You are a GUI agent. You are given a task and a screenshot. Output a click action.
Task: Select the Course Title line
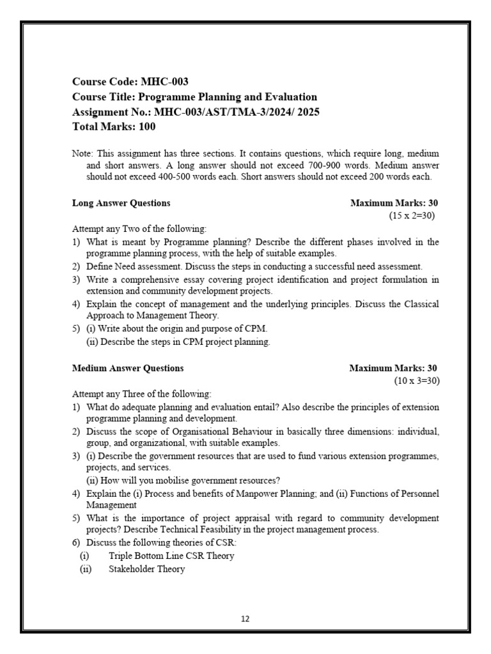pyautogui.click(x=194, y=96)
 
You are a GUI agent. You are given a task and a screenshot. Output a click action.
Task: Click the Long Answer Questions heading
pyautogui.click(x=121, y=203)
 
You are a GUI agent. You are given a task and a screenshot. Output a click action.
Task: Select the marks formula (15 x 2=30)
pyautogui.click(x=411, y=216)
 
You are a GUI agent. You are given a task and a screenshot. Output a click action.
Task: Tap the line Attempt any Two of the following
pyautogui.click(x=139, y=229)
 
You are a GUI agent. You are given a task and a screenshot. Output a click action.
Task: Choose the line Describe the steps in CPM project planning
pyautogui.click(x=178, y=342)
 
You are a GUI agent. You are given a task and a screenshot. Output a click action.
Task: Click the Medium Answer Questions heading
pyautogui.click(x=127, y=368)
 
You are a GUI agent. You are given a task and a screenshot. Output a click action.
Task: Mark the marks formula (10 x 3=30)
pyautogui.click(x=416, y=381)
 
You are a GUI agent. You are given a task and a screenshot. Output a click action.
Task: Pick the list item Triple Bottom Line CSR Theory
pyautogui.click(x=171, y=556)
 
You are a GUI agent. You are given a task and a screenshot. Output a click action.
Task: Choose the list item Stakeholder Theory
pyautogui.click(x=146, y=568)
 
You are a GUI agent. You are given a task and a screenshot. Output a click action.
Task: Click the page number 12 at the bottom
pyautogui.click(x=245, y=618)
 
